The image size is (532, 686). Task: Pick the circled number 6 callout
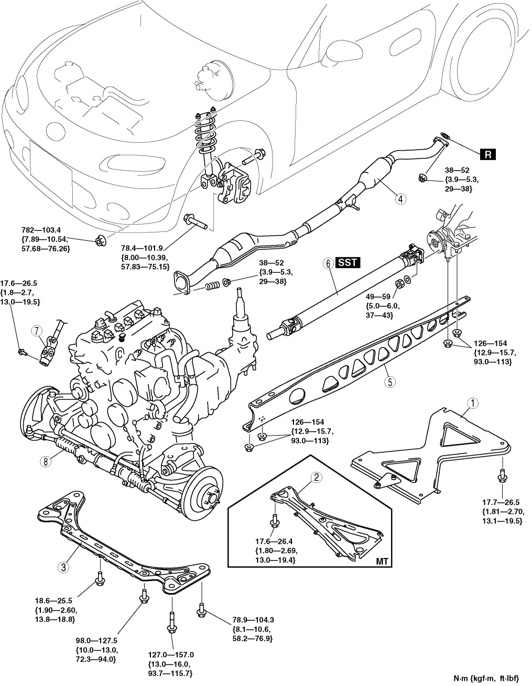[329, 262]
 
